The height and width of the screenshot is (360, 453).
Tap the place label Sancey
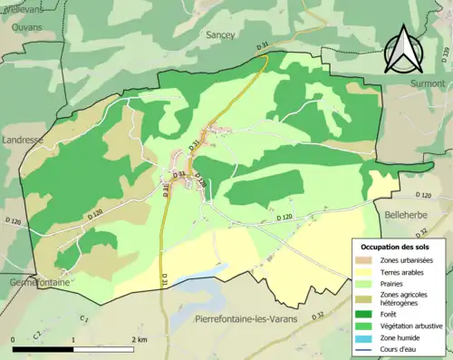coord(220,34)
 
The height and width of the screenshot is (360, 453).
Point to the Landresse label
coord(22,140)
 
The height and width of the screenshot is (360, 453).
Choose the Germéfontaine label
coord(31,283)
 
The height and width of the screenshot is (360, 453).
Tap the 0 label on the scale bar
coord(14,339)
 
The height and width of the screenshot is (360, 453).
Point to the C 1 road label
coord(83,319)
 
